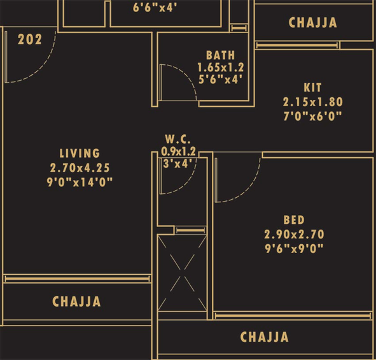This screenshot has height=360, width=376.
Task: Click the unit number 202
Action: tap(30, 39)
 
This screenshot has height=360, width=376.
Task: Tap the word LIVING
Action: tap(80, 153)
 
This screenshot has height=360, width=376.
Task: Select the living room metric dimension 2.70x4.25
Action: tap(80, 168)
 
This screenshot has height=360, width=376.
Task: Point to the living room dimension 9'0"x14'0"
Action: tap(80, 182)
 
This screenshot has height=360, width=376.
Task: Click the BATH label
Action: tap(221, 55)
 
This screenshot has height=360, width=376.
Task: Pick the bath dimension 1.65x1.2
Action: tap(221, 67)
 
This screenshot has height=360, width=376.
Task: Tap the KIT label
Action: tap(312, 88)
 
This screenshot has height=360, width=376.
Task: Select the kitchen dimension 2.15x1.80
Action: tap(312, 102)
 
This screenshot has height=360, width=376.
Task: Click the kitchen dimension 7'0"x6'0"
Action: tap(312, 117)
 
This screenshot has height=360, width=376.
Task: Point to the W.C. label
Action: tap(178, 139)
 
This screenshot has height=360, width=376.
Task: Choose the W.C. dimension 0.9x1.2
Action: tap(178, 151)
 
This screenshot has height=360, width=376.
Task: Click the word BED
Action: tap(294, 220)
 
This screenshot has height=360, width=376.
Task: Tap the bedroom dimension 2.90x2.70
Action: tap(294, 235)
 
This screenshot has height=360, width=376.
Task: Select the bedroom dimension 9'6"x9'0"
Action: tap(294, 249)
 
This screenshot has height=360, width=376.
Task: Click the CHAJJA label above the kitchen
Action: tap(312, 22)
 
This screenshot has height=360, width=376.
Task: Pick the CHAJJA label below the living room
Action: tap(76, 301)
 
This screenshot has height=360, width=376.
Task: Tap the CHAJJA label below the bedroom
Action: tap(265, 337)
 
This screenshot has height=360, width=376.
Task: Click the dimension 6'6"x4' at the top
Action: tap(155, 8)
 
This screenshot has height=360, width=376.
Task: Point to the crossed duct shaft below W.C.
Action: tap(182, 273)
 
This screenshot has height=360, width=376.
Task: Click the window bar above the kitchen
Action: tap(297, 45)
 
